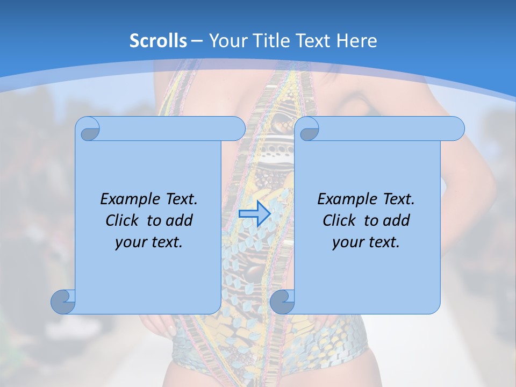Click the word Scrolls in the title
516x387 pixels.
click(159, 41)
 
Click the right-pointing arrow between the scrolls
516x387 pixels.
click(254, 214)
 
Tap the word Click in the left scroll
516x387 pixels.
click(123, 220)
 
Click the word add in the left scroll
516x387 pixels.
click(179, 220)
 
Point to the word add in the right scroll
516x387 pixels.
click(396, 220)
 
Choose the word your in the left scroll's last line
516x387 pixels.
click(130, 242)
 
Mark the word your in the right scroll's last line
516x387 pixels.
click(347, 242)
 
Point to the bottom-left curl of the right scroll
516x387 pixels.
click(282, 301)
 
